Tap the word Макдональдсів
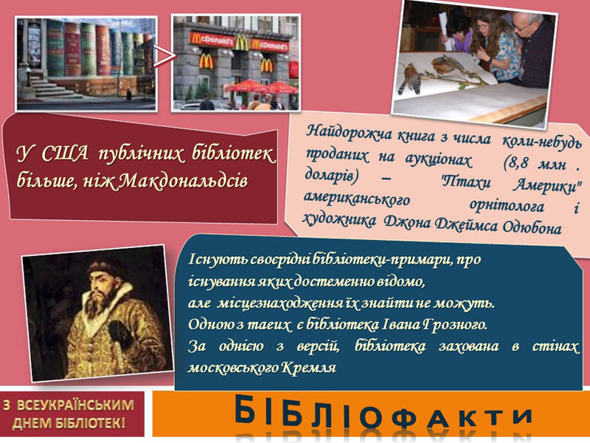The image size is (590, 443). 184,181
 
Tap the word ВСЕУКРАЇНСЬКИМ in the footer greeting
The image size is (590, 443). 76,405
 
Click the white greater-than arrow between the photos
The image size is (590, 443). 164,57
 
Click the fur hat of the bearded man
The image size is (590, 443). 105,268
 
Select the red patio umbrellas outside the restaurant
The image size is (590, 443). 262,86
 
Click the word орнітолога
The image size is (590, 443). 507,206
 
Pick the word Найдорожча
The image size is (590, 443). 350,132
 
